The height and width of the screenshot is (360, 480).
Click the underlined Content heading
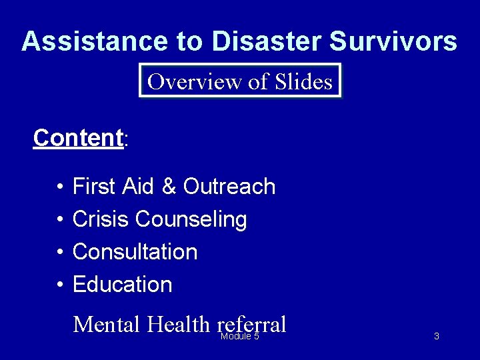[x=78, y=138]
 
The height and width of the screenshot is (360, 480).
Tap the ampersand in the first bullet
[x=168, y=187]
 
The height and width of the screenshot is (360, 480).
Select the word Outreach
[x=229, y=187]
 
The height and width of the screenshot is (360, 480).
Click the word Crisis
[x=101, y=219]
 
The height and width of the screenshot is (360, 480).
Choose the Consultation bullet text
[x=135, y=252]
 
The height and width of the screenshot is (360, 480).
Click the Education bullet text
[x=122, y=285]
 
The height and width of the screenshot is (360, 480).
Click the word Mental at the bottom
[x=107, y=325]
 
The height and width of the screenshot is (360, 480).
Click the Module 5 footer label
[x=240, y=337]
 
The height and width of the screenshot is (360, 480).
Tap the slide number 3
[x=437, y=337]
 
